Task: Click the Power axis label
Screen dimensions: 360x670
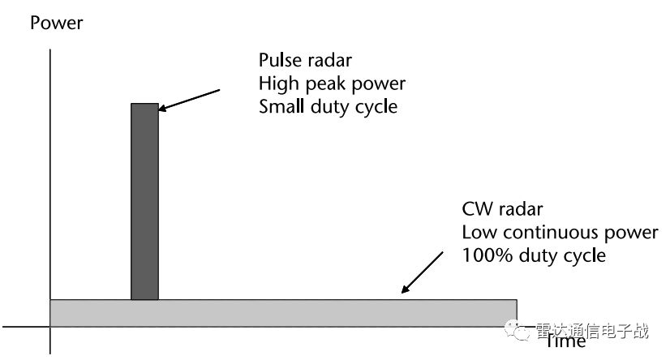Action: pyautogui.click(x=56, y=22)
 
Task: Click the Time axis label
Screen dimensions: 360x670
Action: pyautogui.click(x=565, y=341)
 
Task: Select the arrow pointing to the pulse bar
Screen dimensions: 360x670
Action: pyautogui.click(x=190, y=96)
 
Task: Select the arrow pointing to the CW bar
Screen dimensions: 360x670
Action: pyautogui.click(x=422, y=270)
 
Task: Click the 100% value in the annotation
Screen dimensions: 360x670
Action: pyautogui.click(x=483, y=255)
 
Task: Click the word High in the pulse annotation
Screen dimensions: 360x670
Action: pyautogui.click(x=277, y=84)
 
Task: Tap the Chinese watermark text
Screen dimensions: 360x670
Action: pyautogui.click(x=592, y=330)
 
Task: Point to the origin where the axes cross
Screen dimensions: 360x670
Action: pyautogui.click(x=50, y=327)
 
